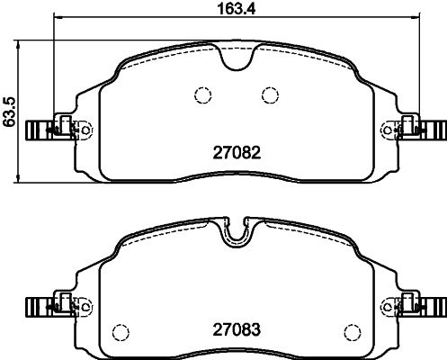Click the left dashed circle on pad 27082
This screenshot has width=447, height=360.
click(x=201, y=94)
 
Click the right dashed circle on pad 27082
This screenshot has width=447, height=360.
click(x=268, y=94)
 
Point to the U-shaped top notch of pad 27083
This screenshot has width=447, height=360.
click(x=235, y=236)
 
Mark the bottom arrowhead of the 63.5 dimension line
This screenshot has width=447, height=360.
click(x=22, y=176)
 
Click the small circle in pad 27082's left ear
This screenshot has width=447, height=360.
click(x=86, y=130)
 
